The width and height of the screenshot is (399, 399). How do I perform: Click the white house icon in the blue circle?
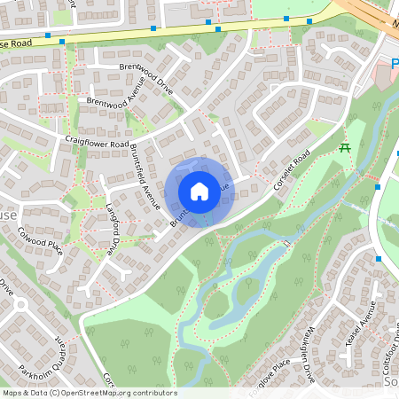[199, 191]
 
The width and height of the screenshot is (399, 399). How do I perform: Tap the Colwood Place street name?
[40, 239]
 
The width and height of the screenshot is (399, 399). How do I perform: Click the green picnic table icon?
[346, 147]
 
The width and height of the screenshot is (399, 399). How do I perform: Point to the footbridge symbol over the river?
[286, 242]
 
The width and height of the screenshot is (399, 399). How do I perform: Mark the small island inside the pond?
[217, 306]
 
